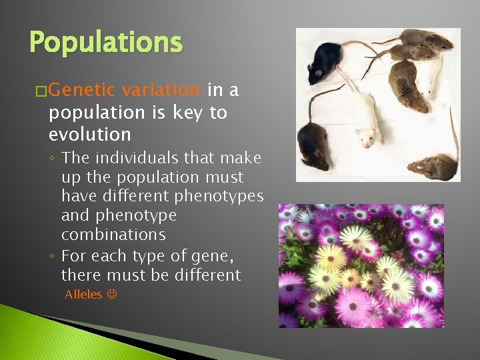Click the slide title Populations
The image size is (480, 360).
105,43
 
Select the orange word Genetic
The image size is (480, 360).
81,90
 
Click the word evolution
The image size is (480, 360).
89,134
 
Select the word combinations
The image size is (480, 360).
113,235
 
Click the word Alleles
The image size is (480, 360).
83,294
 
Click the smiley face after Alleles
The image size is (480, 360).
111,294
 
